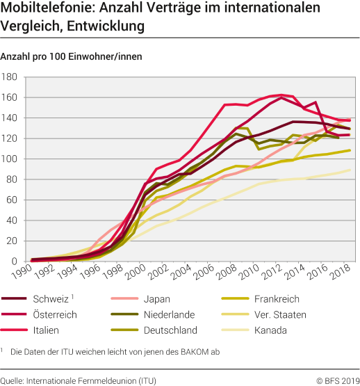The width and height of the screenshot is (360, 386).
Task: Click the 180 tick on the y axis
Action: pos(13,77)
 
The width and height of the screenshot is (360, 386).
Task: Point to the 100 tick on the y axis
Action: pos(13,159)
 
